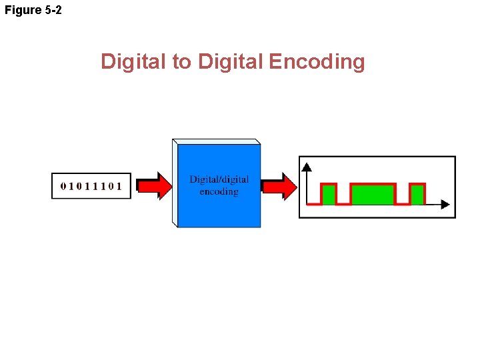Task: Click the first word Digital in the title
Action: coord(135,62)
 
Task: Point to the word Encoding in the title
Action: coord(317,62)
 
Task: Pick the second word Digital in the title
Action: coord(231,62)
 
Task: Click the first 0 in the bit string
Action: coord(63,186)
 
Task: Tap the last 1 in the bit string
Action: coord(120,186)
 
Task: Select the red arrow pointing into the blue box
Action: coord(155,186)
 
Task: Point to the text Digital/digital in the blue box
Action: coord(219,179)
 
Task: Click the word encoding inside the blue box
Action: coord(219,191)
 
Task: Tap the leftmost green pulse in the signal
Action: coord(328,194)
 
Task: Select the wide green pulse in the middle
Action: coord(373,194)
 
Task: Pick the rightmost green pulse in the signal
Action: coord(417,194)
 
